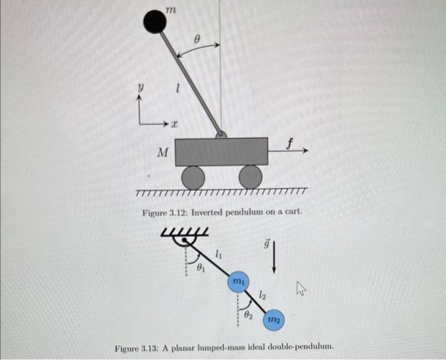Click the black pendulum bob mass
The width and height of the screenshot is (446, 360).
[154, 22]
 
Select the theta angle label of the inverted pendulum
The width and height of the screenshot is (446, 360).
[197, 39]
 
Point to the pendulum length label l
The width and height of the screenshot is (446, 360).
[179, 93]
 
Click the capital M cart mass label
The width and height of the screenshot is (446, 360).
[162, 152]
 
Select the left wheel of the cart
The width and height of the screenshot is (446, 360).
[193, 176]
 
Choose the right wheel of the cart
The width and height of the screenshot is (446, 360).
[250, 176]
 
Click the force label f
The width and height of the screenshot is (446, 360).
[291, 143]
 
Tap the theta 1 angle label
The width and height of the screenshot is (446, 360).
[201, 268]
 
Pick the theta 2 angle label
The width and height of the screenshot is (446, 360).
[250, 314]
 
